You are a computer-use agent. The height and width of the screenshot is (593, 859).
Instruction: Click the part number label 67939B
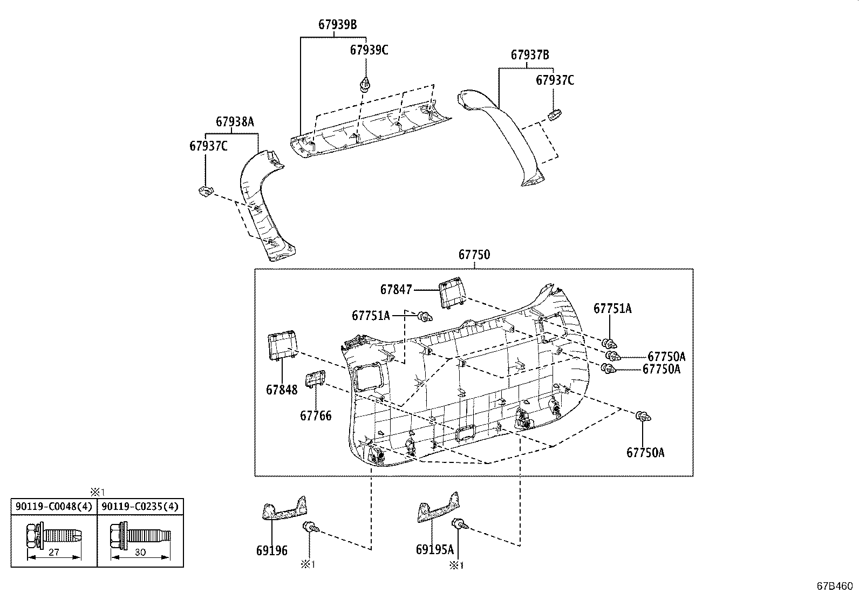coord(337,24)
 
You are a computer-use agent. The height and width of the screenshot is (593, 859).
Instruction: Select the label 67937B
coord(530,54)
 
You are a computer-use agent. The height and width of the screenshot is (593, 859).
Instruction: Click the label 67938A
coord(235,122)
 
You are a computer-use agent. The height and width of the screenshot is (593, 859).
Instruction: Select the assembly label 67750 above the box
coord(474,255)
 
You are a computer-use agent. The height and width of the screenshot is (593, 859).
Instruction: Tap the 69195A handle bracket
coord(439,509)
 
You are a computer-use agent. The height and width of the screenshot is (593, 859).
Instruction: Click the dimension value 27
coord(53,553)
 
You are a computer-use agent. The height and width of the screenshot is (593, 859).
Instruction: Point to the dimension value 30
coord(140,553)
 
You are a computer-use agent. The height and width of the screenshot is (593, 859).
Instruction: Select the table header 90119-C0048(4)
coord(54,507)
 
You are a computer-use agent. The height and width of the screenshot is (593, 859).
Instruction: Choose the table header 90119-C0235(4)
coord(140,507)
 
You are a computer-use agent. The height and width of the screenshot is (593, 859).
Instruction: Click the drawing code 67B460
coord(834,585)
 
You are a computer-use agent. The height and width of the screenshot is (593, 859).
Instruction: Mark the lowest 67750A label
coord(645,453)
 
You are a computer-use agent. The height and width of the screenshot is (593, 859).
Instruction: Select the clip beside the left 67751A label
coord(424,316)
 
